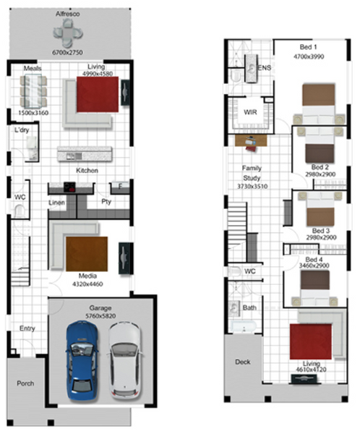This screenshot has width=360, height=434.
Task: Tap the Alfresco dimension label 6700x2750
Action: (67, 52)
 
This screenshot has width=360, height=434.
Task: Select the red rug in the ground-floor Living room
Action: (98, 94)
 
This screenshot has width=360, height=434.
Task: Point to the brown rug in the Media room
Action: (87, 254)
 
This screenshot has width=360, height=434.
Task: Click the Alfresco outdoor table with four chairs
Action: (68, 33)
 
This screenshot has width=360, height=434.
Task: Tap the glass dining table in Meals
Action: (33, 91)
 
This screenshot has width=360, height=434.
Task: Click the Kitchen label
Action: (87, 171)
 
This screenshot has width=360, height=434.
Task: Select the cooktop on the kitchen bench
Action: (69, 187)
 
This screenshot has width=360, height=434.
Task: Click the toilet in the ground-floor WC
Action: (20, 211)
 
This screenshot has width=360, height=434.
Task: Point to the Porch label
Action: (25, 383)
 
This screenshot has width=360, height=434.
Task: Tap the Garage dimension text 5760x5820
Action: (100, 316)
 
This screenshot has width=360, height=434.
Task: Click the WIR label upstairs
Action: (250, 112)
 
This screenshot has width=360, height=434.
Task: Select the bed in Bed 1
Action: (319, 103)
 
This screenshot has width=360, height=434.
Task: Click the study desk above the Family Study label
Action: (251, 141)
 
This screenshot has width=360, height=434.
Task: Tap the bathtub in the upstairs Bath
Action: (244, 327)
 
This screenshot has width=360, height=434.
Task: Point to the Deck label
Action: (243, 362)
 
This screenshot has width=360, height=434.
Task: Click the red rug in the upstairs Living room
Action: (310, 341)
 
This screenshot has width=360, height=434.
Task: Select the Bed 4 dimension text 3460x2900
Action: (314, 265)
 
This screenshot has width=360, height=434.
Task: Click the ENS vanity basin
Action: (252, 69)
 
